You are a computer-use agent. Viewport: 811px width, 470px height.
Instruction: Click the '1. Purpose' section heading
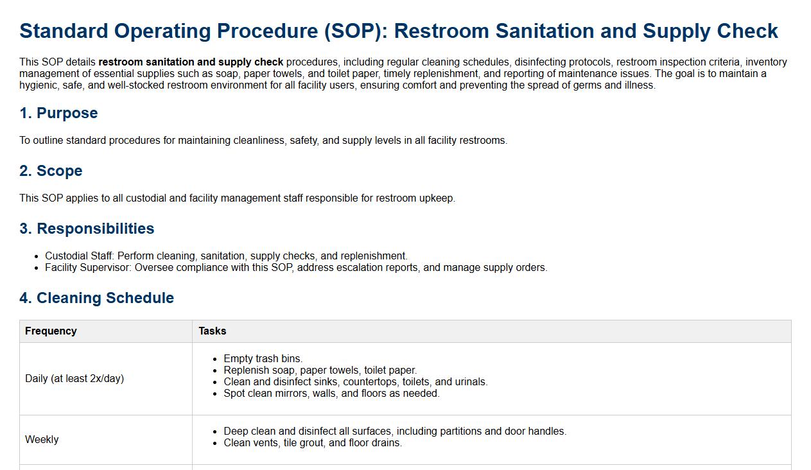pyautogui.click(x=58, y=113)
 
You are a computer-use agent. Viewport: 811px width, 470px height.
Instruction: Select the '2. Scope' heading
pyautogui.click(x=51, y=171)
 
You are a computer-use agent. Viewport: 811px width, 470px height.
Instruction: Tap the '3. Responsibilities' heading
pyautogui.click(x=87, y=229)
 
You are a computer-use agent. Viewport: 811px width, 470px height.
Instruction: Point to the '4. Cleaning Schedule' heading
pyautogui.click(x=97, y=298)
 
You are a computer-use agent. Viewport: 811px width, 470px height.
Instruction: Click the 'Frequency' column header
pyautogui.click(x=51, y=331)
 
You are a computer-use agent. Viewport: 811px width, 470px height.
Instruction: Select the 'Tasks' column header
pyautogui.click(x=213, y=331)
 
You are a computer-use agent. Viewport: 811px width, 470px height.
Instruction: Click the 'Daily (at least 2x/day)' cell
pyautogui.click(x=74, y=378)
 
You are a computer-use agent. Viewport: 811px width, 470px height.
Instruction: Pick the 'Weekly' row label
pyautogui.click(x=42, y=439)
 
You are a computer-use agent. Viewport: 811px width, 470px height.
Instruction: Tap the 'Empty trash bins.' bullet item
pyautogui.click(x=263, y=358)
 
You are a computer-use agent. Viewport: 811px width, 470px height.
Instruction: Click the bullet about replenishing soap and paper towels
pyautogui.click(x=320, y=370)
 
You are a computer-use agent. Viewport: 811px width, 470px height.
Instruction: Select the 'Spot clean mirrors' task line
pyautogui.click(x=331, y=393)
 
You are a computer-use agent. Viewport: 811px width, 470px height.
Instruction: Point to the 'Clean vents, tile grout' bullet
pyautogui.click(x=313, y=443)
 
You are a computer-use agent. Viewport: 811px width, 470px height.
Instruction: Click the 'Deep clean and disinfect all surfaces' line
pyautogui.click(x=395, y=431)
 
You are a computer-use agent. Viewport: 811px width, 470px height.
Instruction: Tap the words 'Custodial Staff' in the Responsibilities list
pyautogui.click(x=78, y=256)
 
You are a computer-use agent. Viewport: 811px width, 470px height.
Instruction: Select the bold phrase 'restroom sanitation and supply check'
pyautogui.click(x=191, y=62)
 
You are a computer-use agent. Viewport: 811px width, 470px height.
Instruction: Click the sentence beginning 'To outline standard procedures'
pyautogui.click(x=263, y=141)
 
